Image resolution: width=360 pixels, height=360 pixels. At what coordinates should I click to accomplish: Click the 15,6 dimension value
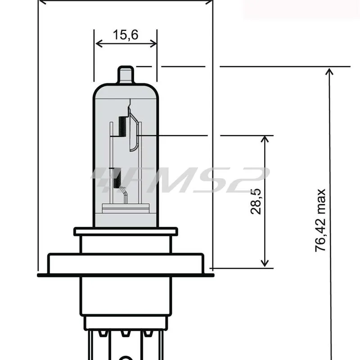tap(126, 35)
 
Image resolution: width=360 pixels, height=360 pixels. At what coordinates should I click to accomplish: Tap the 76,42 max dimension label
tap(320, 220)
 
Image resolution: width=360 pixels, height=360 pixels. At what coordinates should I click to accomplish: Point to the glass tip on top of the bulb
tap(126, 75)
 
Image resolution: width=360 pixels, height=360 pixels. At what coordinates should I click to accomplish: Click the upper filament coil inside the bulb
tap(121, 126)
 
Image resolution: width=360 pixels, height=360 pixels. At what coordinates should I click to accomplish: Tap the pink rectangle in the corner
tap(301, 9)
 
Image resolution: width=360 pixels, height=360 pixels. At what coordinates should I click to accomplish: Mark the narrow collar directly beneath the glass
tap(125, 231)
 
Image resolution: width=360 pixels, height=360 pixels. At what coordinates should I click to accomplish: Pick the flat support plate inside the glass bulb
tap(126, 208)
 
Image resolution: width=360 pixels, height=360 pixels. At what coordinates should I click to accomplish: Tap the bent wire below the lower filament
tap(126, 196)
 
